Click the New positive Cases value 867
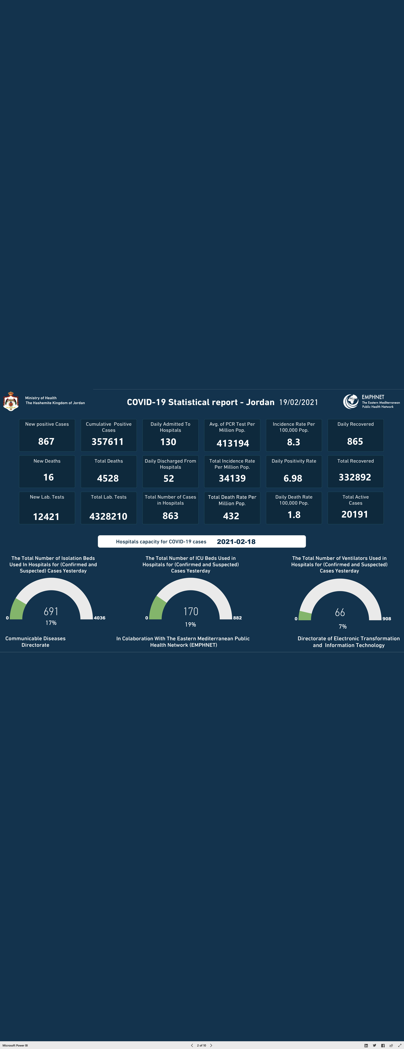pyautogui.click(x=46, y=441)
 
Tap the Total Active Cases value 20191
pyautogui.click(x=355, y=514)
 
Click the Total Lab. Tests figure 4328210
pyautogui.click(x=108, y=516)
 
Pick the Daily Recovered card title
pyautogui.click(x=356, y=424)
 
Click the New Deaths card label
pyautogui.click(x=47, y=461)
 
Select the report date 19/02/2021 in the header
pyautogui.click(x=299, y=402)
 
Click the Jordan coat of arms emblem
pyautogui.click(x=11, y=401)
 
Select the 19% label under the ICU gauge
pyautogui.click(x=190, y=624)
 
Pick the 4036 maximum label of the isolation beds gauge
pyautogui.click(x=100, y=618)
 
